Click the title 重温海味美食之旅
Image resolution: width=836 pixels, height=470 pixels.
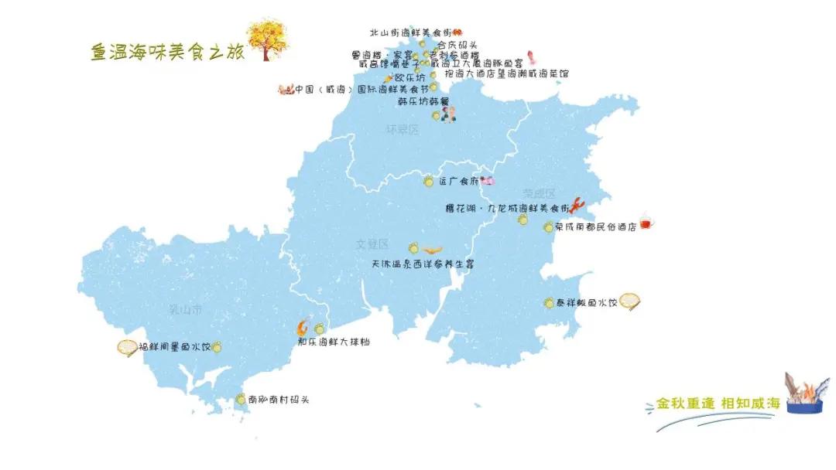(167, 51)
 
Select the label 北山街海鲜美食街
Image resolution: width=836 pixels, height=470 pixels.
(410, 32)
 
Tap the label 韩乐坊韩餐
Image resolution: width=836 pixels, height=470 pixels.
(423, 101)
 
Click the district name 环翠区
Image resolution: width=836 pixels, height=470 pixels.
(402, 130)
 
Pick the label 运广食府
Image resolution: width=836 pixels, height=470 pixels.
(459, 182)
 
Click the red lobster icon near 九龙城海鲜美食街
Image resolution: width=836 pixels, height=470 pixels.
(578, 206)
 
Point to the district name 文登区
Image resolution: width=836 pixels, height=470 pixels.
(372, 244)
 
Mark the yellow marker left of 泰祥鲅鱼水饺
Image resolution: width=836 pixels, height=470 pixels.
(549, 303)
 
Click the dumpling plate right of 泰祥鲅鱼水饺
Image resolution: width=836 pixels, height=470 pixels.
(629, 301)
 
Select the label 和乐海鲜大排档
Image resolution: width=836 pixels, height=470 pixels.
(334, 341)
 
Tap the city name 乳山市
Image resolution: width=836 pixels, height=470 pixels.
(185, 309)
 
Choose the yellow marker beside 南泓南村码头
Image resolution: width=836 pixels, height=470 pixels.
(241, 400)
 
